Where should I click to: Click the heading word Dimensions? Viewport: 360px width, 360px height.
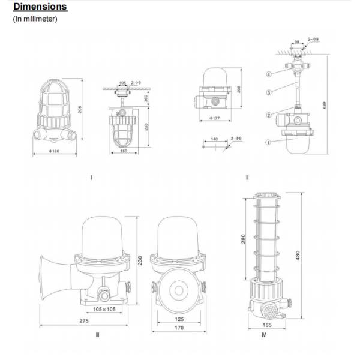coord(40,8)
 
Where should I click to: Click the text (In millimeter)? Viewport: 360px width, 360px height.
coord(35,19)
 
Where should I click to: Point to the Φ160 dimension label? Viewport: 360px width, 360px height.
coord(54,150)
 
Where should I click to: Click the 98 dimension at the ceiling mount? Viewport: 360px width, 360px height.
coord(297,41)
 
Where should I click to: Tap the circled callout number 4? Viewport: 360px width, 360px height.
coord(269,74)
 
